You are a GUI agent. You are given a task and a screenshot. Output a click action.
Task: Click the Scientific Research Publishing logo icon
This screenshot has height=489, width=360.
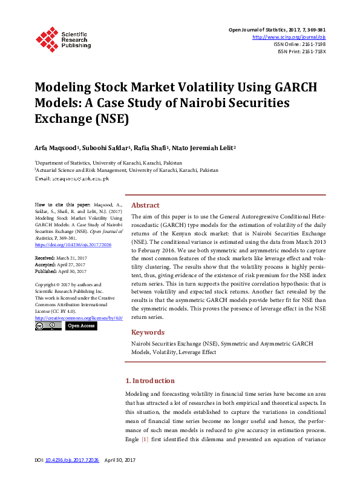47,38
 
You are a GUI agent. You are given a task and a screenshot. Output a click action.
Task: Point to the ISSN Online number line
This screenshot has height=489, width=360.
299,44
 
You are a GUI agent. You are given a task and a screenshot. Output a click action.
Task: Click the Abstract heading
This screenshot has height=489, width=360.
145,205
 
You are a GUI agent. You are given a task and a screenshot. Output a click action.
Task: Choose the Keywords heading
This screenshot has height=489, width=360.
148,332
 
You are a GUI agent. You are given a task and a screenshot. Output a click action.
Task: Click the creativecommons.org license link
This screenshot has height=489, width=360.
79,318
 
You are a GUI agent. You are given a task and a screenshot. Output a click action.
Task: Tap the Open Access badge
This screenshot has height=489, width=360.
81,326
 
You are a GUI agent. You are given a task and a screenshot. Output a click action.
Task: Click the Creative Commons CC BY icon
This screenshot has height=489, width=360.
48,326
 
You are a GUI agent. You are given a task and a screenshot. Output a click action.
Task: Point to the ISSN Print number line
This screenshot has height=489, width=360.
301,51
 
